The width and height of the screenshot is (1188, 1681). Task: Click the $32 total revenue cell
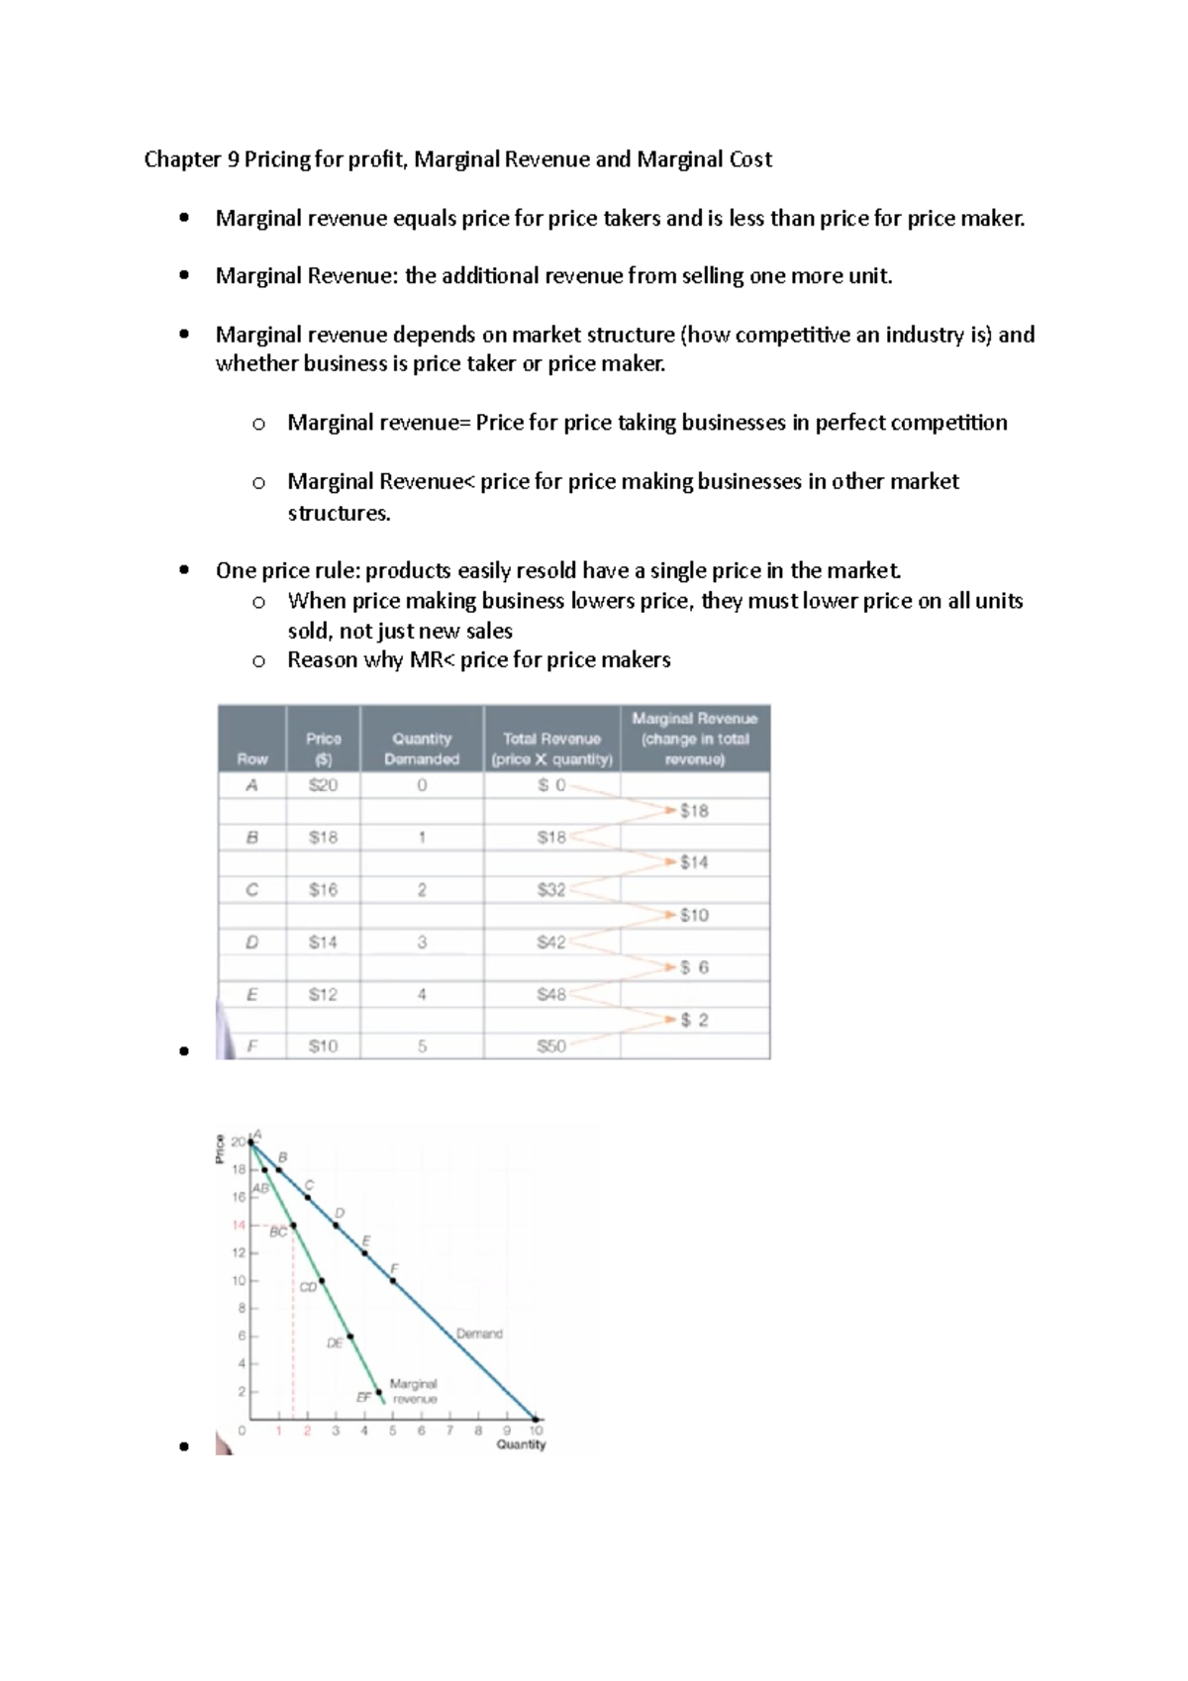click(x=550, y=889)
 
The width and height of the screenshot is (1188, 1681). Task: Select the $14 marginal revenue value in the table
click(x=694, y=862)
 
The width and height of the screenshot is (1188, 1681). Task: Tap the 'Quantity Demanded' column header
click(x=422, y=748)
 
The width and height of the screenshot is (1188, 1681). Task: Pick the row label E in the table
click(x=251, y=994)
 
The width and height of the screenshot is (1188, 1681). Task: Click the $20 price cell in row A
click(x=323, y=785)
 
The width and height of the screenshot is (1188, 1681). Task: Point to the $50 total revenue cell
click(x=550, y=1045)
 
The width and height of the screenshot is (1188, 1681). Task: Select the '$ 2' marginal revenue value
click(x=694, y=1020)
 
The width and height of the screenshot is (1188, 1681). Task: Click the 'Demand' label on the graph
click(x=479, y=1334)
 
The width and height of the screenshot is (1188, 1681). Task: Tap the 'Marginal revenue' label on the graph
click(x=414, y=1391)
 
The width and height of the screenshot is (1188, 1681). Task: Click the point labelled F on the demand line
click(x=393, y=1281)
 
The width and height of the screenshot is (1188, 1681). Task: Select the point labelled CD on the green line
click(x=322, y=1281)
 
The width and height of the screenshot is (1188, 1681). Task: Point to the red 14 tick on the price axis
click(x=238, y=1225)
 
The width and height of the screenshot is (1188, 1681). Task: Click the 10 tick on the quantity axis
click(x=536, y=1430)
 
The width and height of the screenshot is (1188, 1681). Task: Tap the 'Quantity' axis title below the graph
click(x=521, y=1444)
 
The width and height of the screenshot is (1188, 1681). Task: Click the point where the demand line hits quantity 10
click(x=536, y=1418)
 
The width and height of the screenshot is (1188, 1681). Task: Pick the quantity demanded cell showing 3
click(x=422, y=941)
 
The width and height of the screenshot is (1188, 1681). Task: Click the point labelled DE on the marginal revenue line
click(x=349, y=1336)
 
